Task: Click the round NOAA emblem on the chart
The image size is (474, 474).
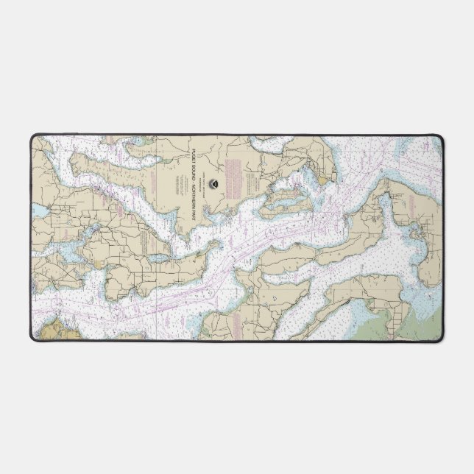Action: [212, 181]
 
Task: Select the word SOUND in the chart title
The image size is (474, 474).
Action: [193, 167]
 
